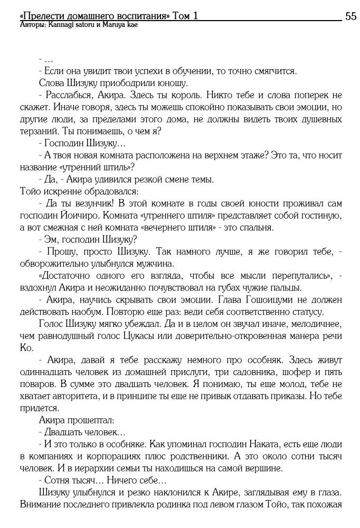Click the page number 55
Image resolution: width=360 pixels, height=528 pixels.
tap(350, 16)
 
